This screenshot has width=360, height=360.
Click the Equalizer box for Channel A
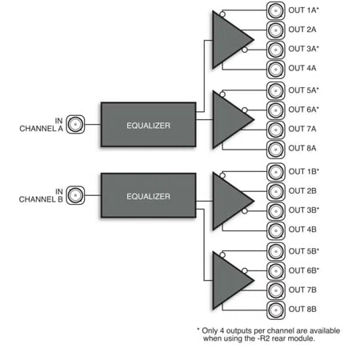click(148, 125)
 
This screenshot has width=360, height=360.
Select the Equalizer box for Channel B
click(148, 194)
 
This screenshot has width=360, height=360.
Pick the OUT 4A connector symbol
click(276, 70)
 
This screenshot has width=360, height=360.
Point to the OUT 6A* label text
click(304, 110)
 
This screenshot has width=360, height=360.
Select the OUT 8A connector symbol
click(276, 148)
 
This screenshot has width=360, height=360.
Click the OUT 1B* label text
click(304, 172)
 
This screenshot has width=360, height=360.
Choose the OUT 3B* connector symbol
click(276, 210)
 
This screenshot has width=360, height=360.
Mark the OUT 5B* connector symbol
click(276, 250)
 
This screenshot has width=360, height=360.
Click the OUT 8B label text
click(302, 309)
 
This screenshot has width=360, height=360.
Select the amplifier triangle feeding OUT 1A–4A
click(229, 41)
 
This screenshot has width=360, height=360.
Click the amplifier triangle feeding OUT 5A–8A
click(229, 119)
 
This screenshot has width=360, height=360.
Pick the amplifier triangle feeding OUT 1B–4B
click(229, 201)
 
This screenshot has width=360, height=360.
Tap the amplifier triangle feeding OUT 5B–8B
click(229, 279)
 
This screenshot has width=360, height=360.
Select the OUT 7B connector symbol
click(276, 289)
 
